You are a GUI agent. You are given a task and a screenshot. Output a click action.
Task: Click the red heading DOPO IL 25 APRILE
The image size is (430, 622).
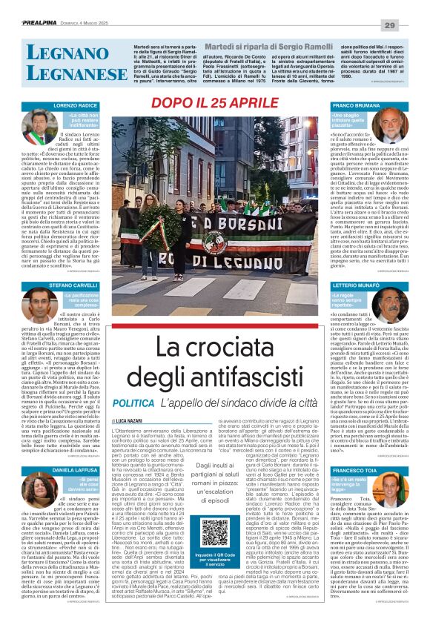(215, 102)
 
